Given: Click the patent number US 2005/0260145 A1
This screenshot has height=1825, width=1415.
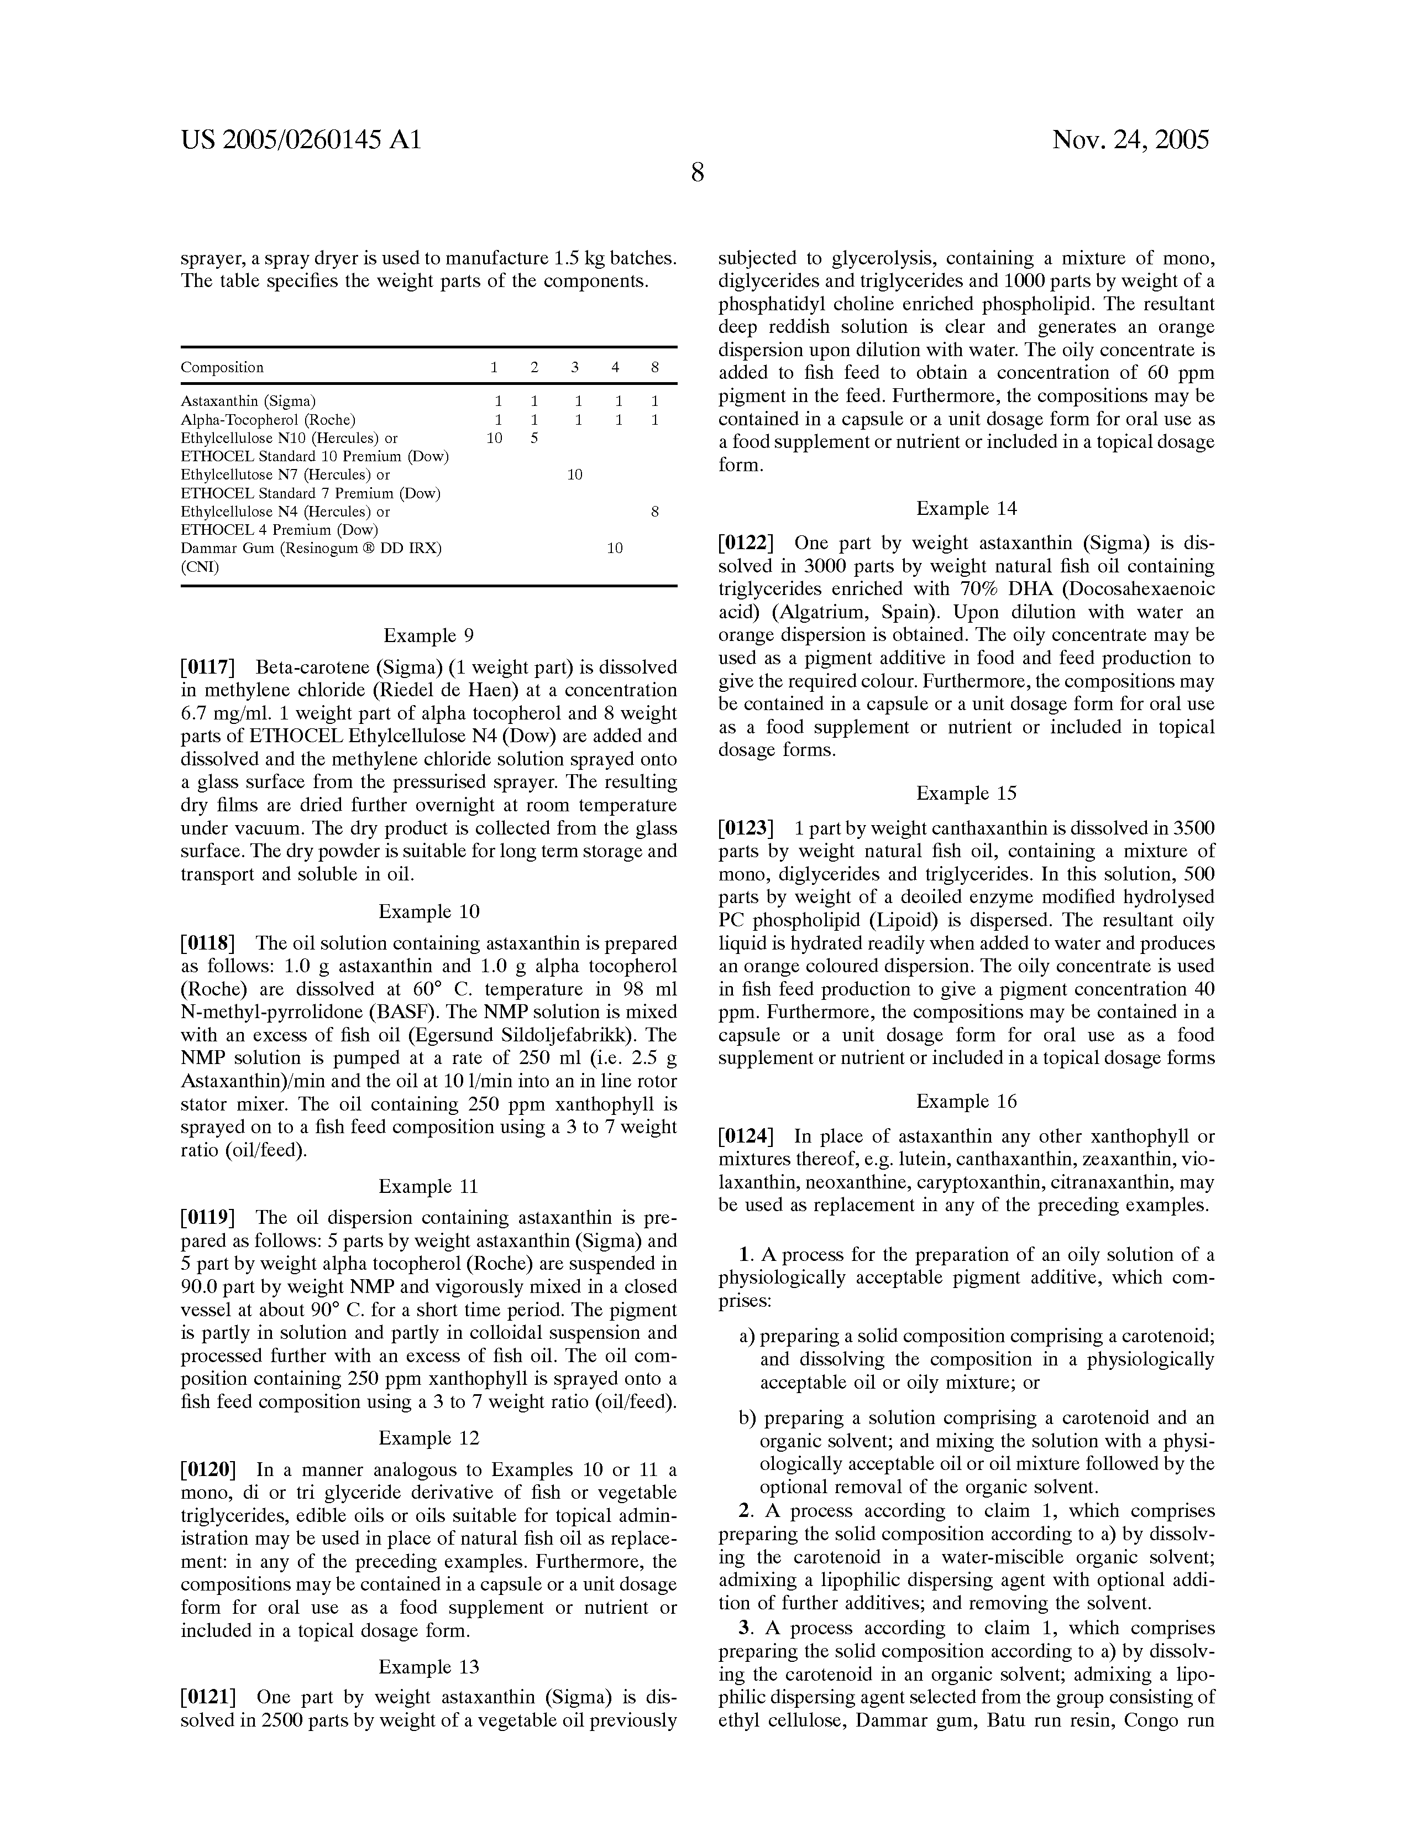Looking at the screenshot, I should coord(301,139).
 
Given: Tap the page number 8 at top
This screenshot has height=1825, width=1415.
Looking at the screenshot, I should coord(698,173).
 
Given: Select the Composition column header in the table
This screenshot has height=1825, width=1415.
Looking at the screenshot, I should coord(222,368).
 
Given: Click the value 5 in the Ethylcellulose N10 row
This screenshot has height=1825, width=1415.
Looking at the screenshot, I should coord(534,438).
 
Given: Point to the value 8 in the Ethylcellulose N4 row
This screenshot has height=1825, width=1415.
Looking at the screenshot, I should coord(655,512).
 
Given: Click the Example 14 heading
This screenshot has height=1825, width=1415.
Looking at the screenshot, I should coord(966,509).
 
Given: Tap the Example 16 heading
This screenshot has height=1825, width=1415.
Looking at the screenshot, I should coord(966,1101).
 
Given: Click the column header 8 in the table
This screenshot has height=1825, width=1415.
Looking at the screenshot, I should coord(655,368).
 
